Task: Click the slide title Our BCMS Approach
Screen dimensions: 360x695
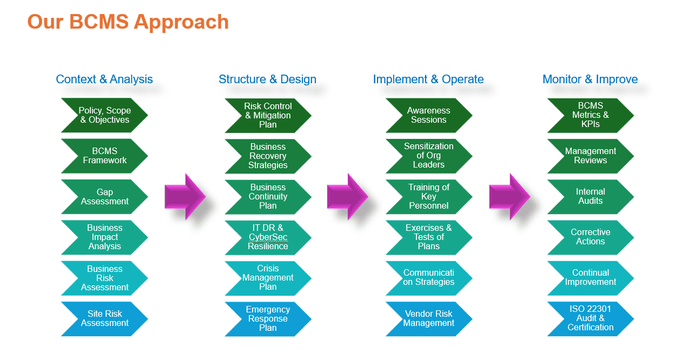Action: pyautogui.click(x=128, y=22)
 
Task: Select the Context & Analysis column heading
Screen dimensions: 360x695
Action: pyautogui.click(x=104, y=79)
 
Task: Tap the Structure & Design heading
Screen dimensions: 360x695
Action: pyautogui.click(x=267, y=79)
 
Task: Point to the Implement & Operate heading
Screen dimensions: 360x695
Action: pyautogui.click(x=428, y=79)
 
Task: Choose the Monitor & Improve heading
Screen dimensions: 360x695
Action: pyautogui.click(x=590, y=79)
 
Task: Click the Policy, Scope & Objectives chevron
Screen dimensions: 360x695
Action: pyautogui.click(x=104, y=115)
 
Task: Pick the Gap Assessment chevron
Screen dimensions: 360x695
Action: pyautogui.click(x=104, y=197)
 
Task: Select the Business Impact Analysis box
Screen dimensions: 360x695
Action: pyautogui.click(x=104, y=237)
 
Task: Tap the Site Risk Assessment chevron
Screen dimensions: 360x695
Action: pyautogui.click(x=104, y=318)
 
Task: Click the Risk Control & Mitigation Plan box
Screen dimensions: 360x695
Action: pyautogui.click(x=268, y=115)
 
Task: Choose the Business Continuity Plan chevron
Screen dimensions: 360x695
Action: pyautogui.click(x=268, y=197)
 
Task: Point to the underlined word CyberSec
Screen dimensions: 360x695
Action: pyautogui.click(x=268, y=237)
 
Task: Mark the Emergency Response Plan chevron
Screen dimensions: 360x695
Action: pyautogui.click(x=268, y=318)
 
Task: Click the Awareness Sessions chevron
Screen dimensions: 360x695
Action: pyautogui.click(x=428, y=115)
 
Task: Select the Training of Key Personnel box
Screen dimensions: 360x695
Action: pyautogui.click(x=428, y=197)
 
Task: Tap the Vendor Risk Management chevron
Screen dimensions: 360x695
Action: pyautogui.click(x=428, y=318)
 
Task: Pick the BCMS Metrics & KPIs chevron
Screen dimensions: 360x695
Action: pyautogui.click(x=590, y=115)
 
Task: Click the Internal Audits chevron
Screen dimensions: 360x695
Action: pyautogui.click(x=590, y=197)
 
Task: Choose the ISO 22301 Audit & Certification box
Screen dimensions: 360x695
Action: pyautogui.click(x=590, y=318)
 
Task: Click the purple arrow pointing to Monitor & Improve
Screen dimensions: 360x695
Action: pyautogui.click(x=508, y=196)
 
